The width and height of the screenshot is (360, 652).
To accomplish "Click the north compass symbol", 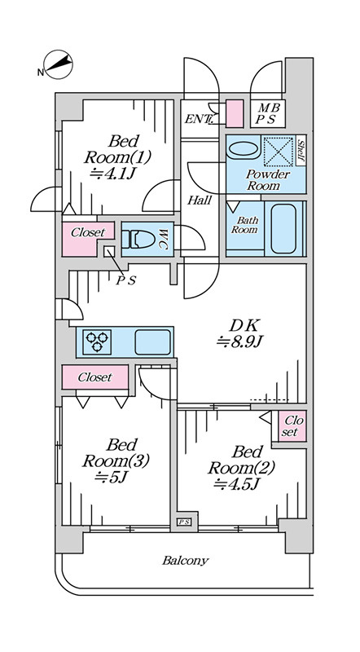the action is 58,65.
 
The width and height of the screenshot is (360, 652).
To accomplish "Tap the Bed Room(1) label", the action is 116,156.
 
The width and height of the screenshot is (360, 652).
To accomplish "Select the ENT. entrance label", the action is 198,120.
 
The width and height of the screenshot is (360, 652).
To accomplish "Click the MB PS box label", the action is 268,113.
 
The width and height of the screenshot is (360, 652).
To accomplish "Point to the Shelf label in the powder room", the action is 301,150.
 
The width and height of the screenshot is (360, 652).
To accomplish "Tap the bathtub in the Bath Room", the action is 283,228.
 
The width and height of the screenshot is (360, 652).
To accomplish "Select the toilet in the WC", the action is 138,239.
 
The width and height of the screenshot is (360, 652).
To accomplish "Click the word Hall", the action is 199,200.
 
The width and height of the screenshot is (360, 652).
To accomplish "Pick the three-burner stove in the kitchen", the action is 97,341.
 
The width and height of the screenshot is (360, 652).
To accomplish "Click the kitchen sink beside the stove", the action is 152,341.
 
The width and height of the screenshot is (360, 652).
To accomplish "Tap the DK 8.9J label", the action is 240,333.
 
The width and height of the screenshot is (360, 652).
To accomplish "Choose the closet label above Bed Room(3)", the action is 95,377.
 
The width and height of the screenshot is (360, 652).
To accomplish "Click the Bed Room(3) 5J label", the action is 116,461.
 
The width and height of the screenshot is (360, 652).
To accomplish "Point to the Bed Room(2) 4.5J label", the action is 242,468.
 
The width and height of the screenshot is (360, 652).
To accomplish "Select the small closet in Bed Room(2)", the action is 292,426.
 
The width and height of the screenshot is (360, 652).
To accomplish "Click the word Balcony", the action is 186,561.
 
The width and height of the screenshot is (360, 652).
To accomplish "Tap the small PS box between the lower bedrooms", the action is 184,522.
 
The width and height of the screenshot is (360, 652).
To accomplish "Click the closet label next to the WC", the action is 88,232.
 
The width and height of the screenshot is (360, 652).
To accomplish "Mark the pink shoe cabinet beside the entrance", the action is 235,113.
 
